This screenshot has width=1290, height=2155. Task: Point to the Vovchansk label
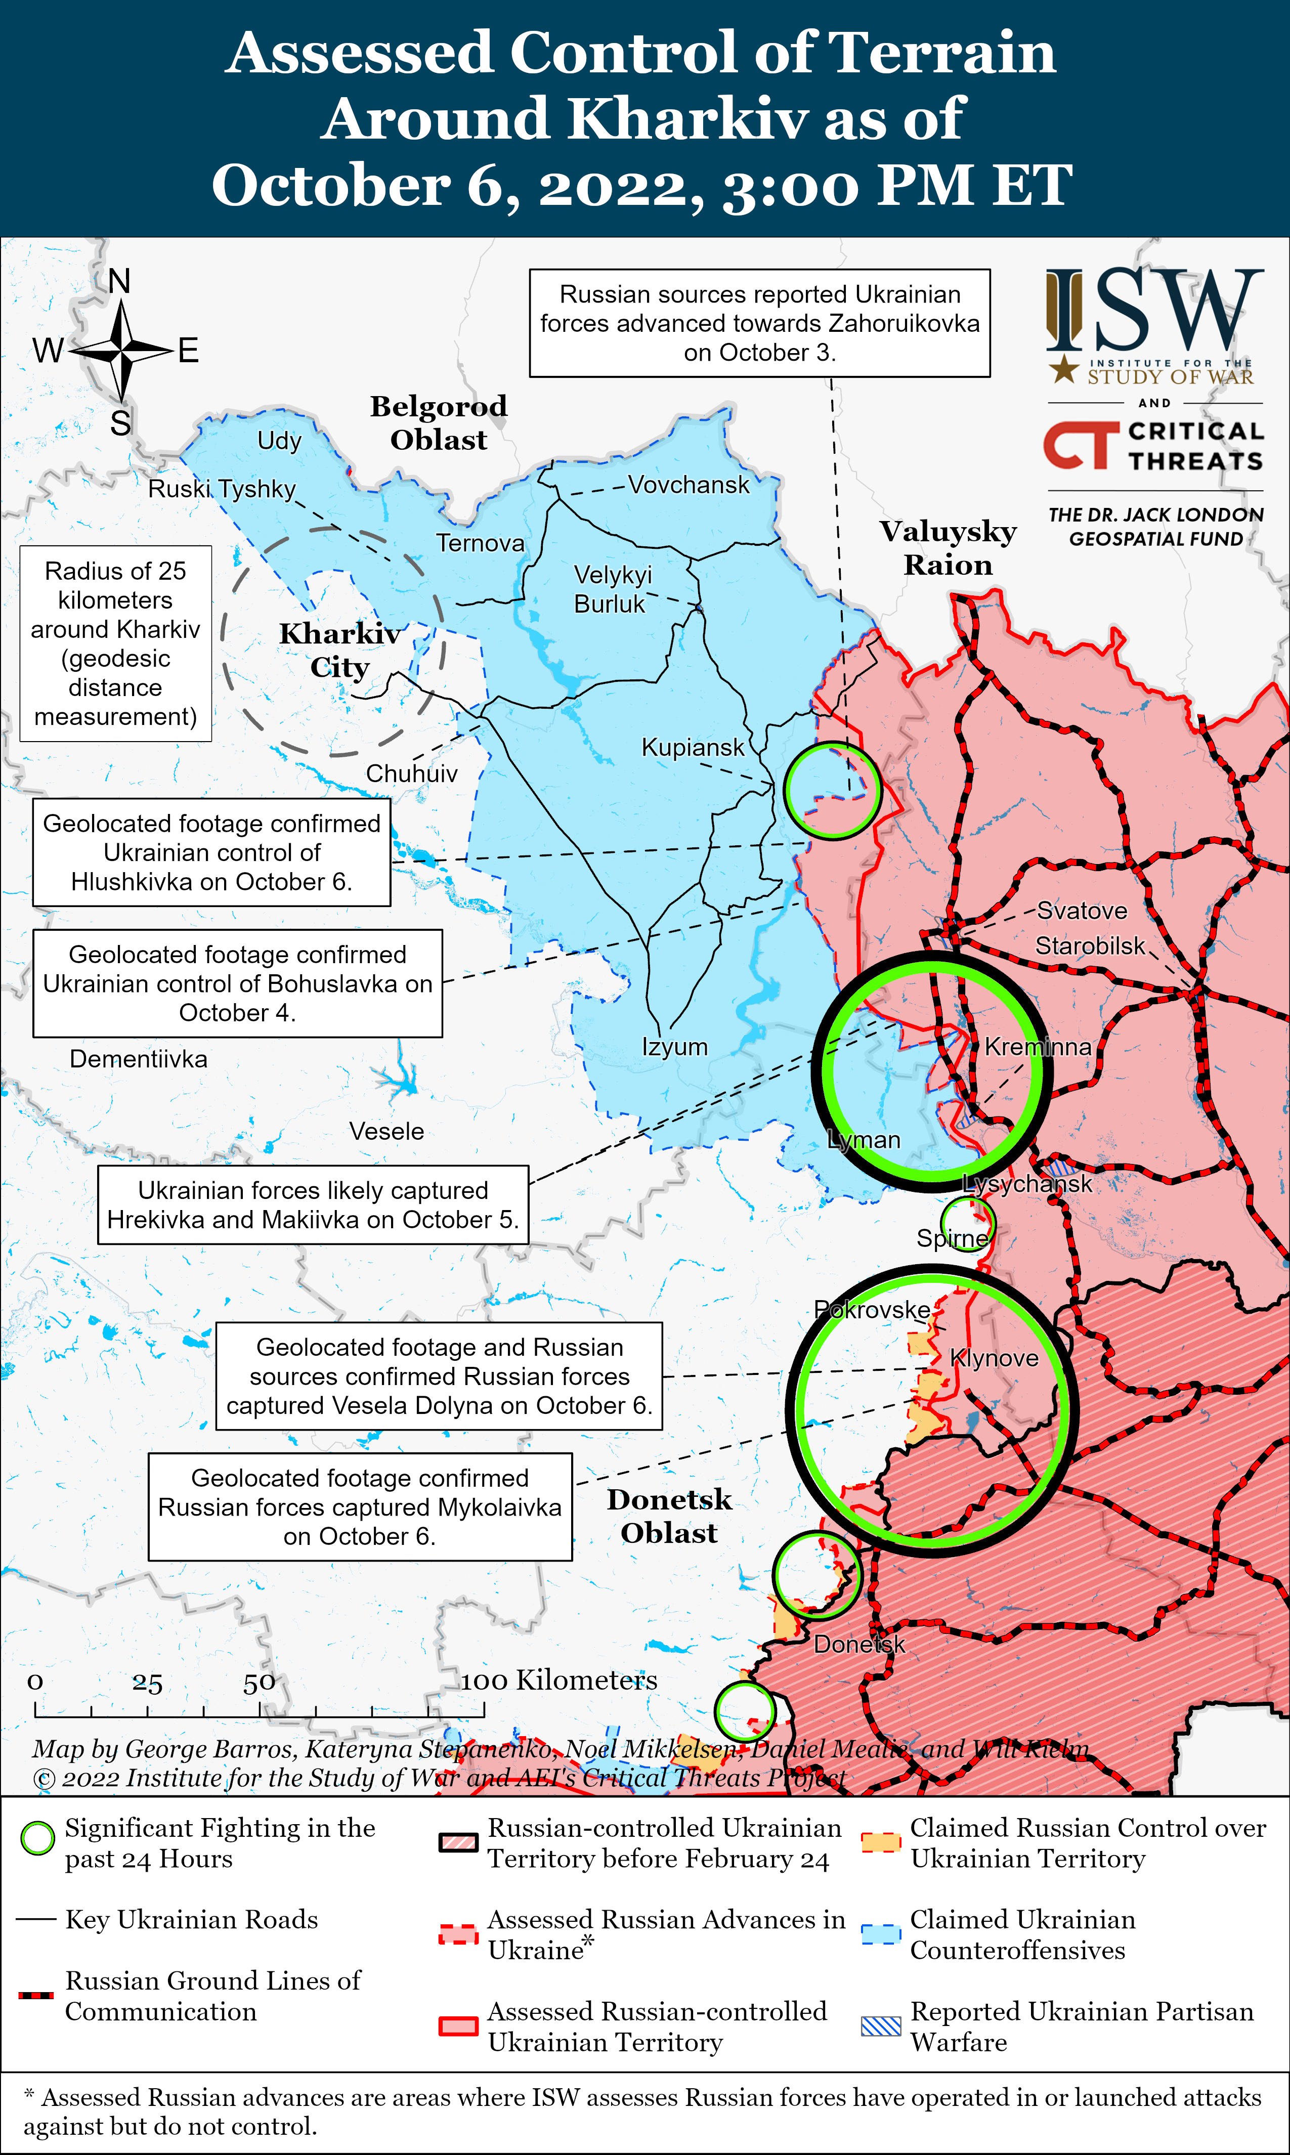[x=689, y=485]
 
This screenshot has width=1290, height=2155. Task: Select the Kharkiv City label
[x=340, y=650]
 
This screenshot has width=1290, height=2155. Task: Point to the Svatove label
[x=1082, y=911]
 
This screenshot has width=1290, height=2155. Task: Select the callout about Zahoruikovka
[x=760, y=323]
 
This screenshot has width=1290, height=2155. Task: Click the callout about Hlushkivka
[x=211, y=853]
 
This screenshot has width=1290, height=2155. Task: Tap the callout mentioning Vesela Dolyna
[x=439, y=1376]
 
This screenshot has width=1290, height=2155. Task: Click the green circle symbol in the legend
[x=37, y=1838]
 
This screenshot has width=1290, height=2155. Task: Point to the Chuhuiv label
[x=411, y=773]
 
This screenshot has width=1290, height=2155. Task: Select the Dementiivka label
[x=138, y=1059]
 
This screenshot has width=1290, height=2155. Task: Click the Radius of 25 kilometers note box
[x=116, y=643]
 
